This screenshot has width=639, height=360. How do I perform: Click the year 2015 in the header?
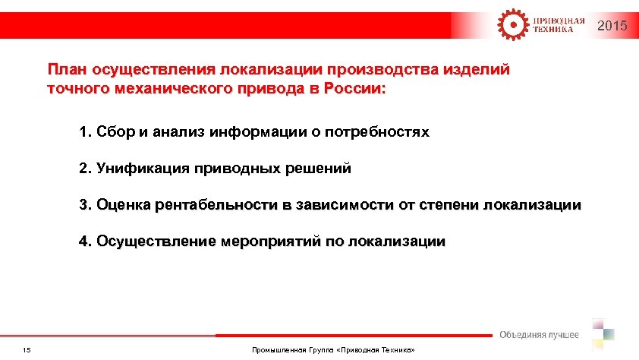click(612, 27)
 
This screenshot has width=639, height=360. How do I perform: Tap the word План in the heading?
click(66, 70)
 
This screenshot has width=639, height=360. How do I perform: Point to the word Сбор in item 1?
click(115, 133)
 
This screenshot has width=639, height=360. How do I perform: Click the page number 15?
click(27, 349)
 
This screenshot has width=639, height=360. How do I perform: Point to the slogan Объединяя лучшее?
click(539, 335)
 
